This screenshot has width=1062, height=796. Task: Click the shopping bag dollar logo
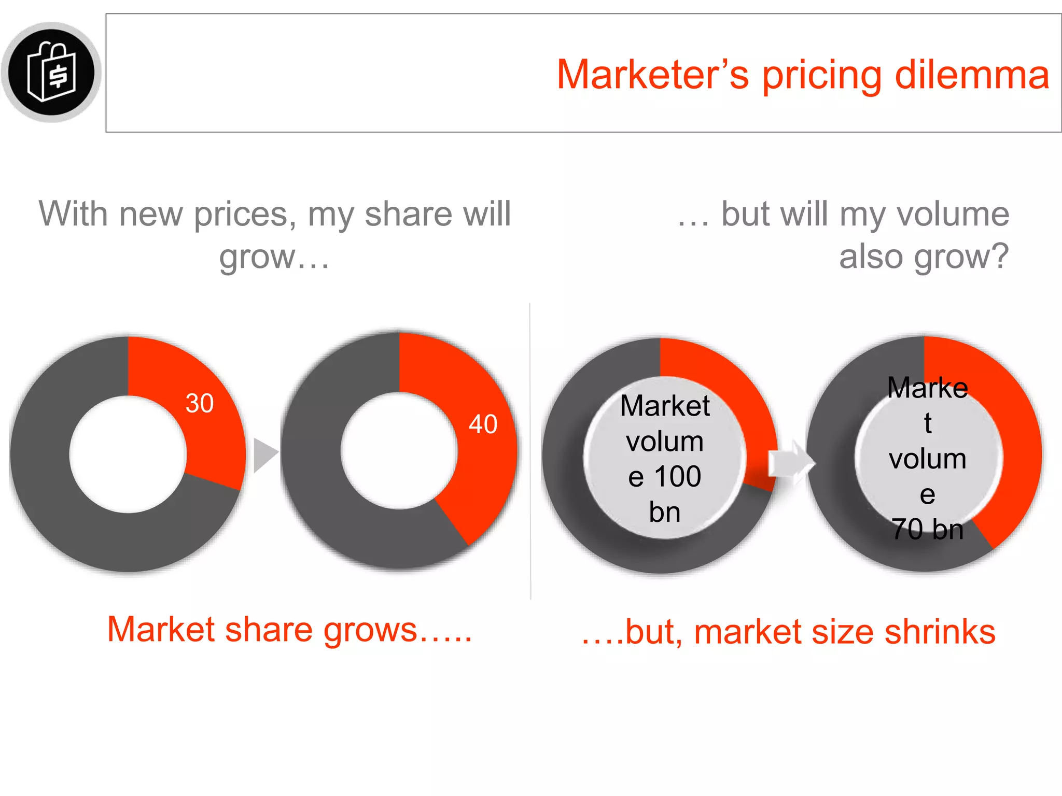click(x=51, y=72)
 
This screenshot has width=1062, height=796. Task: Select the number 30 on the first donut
click(x=200, y=403)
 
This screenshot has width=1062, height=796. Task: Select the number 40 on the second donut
click(x=483, y=424)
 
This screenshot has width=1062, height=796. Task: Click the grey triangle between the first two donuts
click(x=264, y=455)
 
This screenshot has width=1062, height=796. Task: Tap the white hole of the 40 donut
click(x=399, y=451)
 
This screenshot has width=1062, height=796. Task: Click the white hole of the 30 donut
click(x=128, y=454)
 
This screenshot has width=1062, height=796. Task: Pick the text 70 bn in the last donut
click(x=928, y=530)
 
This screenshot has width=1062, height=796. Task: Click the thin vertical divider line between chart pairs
click(x=530, y=451)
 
